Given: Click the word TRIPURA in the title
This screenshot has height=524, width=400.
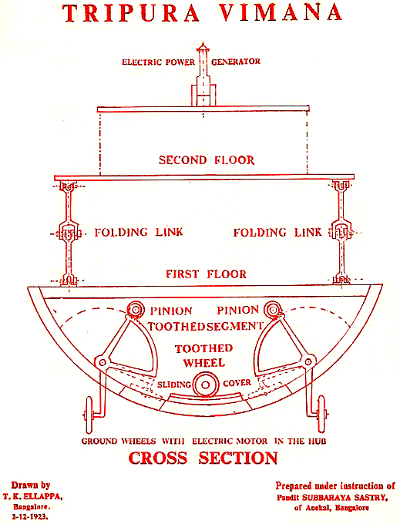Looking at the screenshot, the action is (x=131, y=13).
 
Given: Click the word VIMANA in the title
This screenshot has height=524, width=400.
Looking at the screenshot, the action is (x=281, y=12).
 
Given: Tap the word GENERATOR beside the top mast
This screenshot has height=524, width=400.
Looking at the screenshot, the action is (x=236, y=62).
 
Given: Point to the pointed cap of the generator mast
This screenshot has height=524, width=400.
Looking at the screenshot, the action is (x=203, y=47).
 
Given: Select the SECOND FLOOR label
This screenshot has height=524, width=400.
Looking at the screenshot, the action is (x=207, y=160).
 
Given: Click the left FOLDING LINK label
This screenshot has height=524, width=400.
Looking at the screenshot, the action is (x=139, y=232).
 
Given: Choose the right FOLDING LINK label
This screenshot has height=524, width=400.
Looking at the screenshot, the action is (x=277, y=232).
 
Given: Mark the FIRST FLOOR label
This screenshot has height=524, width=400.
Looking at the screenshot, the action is (x=207, y=274).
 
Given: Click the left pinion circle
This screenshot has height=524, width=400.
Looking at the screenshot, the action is (x=135, y=310).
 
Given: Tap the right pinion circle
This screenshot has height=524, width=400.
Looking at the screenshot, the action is (x=272, y=310).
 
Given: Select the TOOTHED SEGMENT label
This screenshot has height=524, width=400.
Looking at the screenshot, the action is (x=205, y=326).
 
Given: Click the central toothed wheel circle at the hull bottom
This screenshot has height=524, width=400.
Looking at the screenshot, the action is (x=206, y=385).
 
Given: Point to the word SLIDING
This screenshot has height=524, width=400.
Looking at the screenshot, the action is (x=173, y=385).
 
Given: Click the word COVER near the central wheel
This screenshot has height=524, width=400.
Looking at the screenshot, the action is (x=237, y=383).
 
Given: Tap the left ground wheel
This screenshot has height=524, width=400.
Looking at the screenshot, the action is (x=89, y=415).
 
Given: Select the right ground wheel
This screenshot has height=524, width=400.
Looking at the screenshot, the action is (x=321, y=415).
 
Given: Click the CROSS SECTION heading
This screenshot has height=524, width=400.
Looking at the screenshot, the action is (x=203, y=458).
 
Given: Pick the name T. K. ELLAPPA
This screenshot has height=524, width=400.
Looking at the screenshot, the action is (x=32, y=496).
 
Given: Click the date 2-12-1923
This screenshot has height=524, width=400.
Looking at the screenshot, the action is (x=30, y=516).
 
